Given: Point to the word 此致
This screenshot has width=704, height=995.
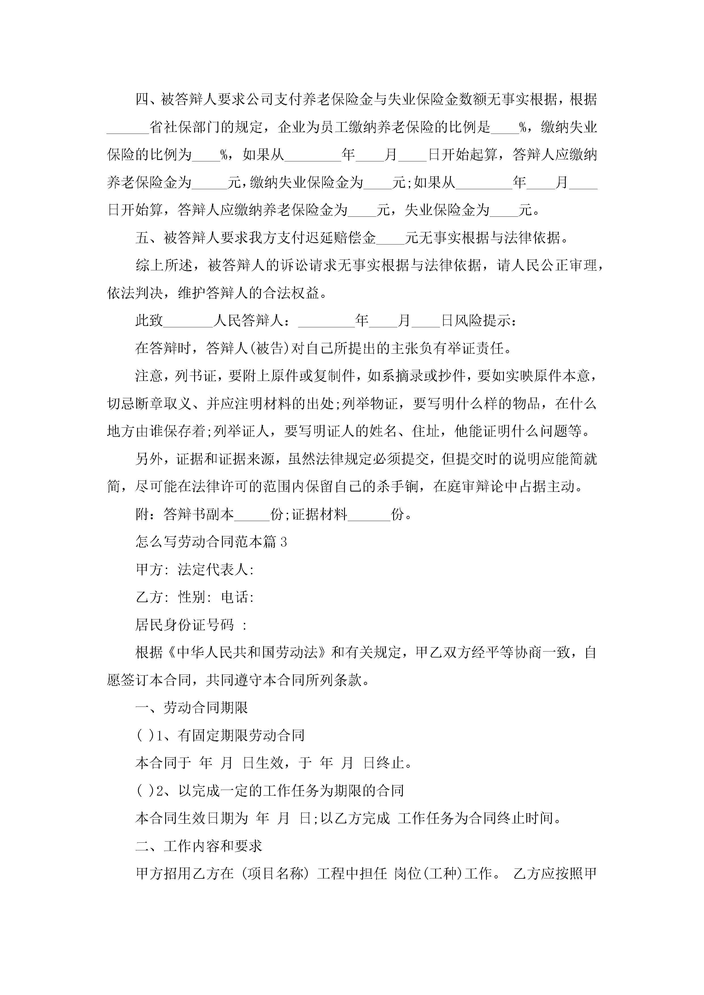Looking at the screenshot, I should (x=149, y=321).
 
